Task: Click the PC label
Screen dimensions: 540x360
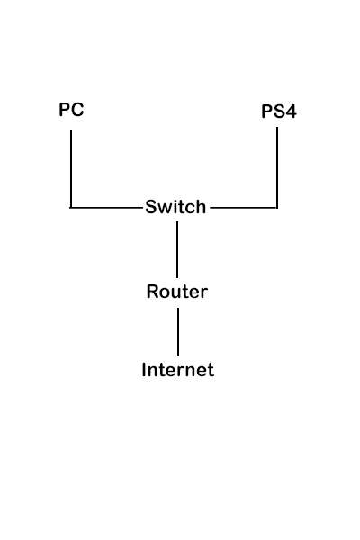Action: pyautogui.click(x=71, y=110)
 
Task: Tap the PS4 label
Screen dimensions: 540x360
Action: pyautogui.click(x=278, y=113)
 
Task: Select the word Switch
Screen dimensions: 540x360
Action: pyautogui.click(x=175, y=207)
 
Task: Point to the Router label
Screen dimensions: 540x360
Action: pyautogui.click(x=177, y=292)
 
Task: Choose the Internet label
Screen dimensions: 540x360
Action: pyautogui.click(x=178, y=370)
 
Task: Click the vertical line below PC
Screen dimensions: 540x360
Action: pyautogui.click(x=71, y=166)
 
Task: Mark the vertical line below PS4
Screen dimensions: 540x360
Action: pyautogui.click(x=277, y=166)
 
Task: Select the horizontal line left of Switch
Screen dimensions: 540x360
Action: pyautogui.click(x=106, y=208)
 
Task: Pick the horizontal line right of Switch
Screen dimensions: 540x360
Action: pyautogui.click(x=243, y=208)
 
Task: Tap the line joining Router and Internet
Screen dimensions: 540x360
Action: pyautogui.click(x=178, y=332)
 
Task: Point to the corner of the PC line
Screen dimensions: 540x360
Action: pyautogui.click(x=71, y=208)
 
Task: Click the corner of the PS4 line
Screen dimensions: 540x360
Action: pyautogui.click(x=277, y=208)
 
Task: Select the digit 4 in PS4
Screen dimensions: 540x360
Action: pyautogui.click(x=291, y=113)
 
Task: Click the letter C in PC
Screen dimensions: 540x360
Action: pyautogui.click(x=77, y=110)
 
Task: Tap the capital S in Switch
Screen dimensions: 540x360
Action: pyautogui.click(x=150, y=207)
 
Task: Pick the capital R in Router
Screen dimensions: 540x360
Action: pyautogui.click(x=152, y=292)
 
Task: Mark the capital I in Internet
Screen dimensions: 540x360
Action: pyautogui.click(x=144, y=370)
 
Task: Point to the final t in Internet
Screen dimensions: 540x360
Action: pyautogui.click(x=211, y=370)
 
